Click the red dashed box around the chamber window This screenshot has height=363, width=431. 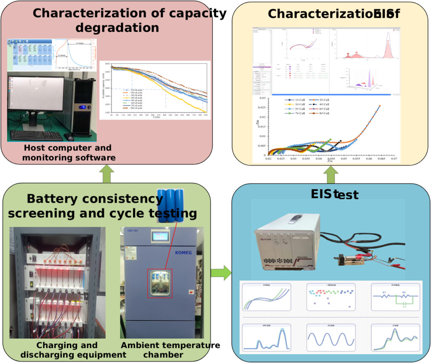(x=160, y=283)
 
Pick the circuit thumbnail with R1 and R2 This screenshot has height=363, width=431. (x=395, y=299)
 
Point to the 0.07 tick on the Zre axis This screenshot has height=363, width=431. (x=394, y=159)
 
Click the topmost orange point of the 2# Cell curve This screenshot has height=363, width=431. (x=379, y=106)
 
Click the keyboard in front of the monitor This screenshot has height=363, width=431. (x=36, y=135)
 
